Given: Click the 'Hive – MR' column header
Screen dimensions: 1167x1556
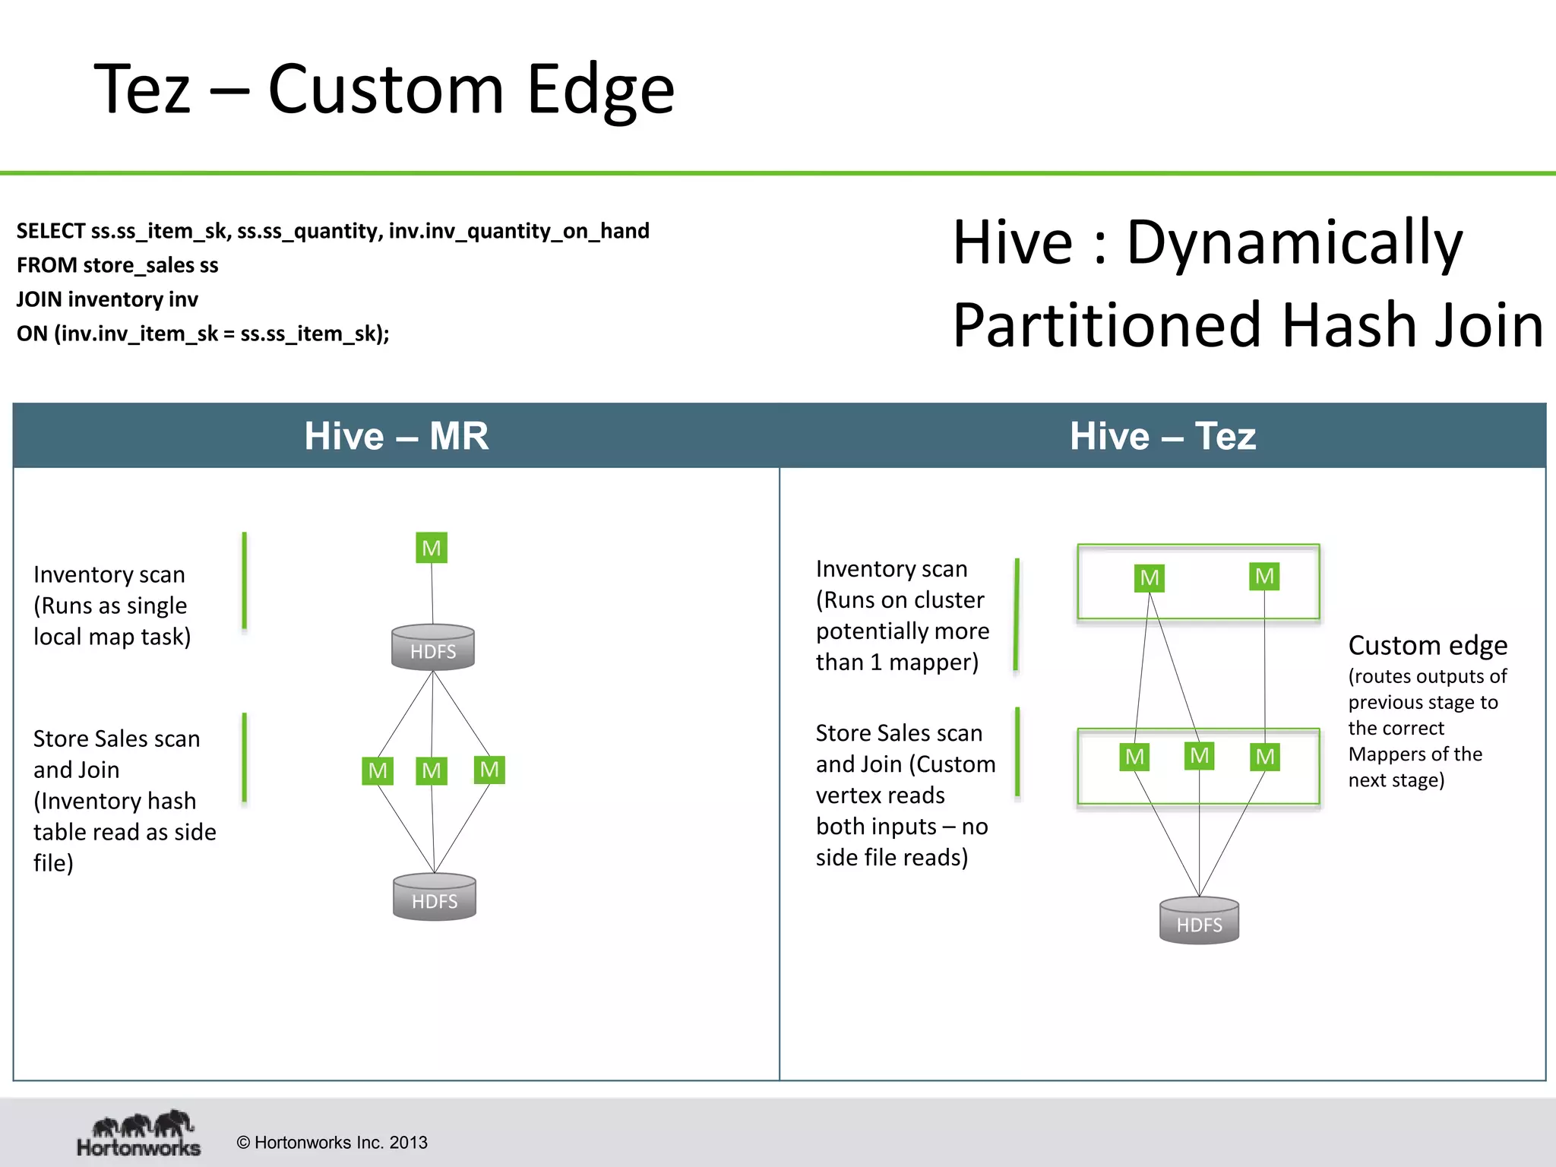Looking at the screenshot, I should tap(396, 436).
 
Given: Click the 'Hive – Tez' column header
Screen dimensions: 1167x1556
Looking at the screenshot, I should tap(1162, 436).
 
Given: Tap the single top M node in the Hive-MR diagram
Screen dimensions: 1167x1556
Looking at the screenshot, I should tap(432, 548).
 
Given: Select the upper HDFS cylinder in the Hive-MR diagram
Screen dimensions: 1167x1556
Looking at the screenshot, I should tap(433, 648).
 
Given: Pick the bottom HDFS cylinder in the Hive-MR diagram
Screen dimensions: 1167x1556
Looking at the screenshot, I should tap(435, 897).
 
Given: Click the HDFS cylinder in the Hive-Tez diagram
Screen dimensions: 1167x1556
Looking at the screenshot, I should tap(1199, 921).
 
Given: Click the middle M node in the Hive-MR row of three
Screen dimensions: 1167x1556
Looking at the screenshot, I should tap(432, 770).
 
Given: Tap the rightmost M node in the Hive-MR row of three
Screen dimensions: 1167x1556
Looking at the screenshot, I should tap(489, 770).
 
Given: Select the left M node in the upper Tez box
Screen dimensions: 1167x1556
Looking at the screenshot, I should tap(1150, 578).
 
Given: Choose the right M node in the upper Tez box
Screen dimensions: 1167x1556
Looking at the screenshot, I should tap(1264, 576).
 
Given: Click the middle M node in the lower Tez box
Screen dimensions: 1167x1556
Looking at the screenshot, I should tap(1199, 755).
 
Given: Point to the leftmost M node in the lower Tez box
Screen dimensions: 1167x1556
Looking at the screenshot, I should tap(1134, 757).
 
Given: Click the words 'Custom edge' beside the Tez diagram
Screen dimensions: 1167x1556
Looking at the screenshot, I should tap(1428, 645).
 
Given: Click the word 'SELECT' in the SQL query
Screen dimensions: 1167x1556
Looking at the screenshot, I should tap(50, 231).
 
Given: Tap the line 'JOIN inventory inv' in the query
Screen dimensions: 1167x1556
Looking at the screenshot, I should tap(107, 299).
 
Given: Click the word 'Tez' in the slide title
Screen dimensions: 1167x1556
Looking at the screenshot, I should tap(142, 90).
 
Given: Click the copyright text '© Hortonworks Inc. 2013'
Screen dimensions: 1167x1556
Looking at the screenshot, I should tap(332, 1143).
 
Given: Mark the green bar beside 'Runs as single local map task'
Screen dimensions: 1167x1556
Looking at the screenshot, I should tap(244, 581).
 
